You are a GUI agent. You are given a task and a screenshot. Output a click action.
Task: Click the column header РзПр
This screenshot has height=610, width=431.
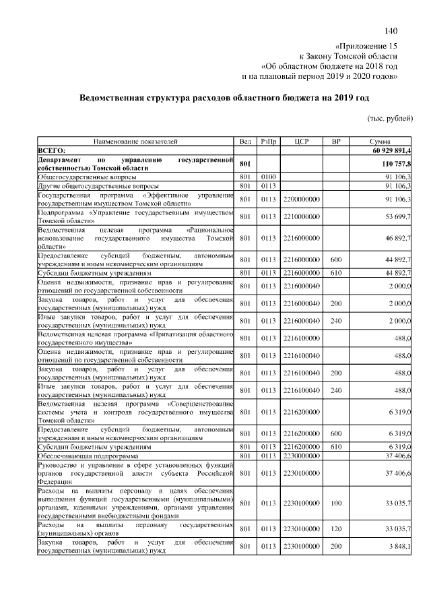(269, 142)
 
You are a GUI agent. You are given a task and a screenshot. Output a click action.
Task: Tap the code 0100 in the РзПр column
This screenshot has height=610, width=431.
(269, 177)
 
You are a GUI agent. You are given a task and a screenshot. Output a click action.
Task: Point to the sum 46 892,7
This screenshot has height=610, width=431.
(399, 238)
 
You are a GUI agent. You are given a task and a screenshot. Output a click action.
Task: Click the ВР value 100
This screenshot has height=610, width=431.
(335, 502)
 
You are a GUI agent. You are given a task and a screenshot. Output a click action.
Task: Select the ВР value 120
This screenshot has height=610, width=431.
(335, 528)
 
